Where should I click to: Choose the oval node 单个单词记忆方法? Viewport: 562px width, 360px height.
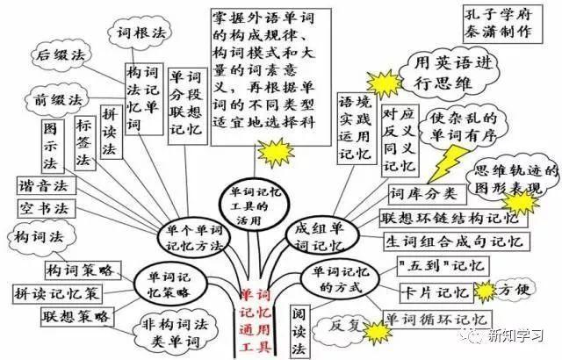[x=192, y=236]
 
